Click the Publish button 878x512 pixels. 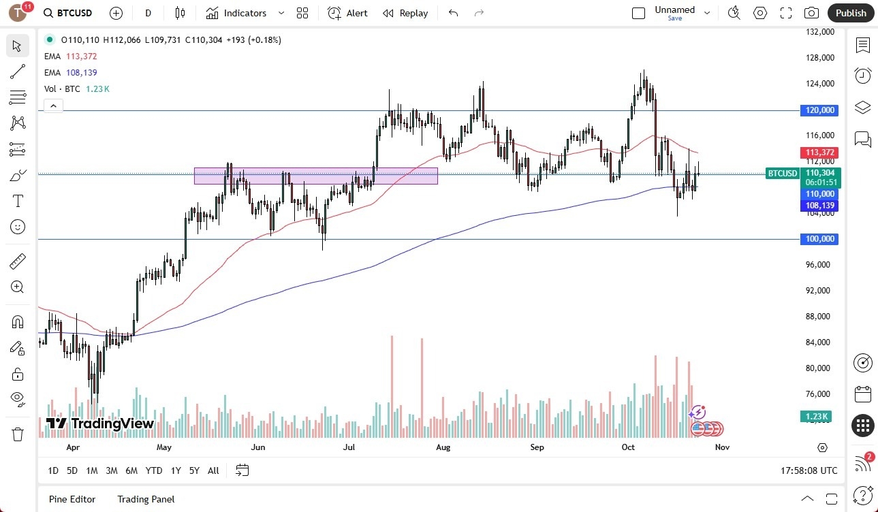point(851,13)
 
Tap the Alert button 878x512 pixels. point(347,13)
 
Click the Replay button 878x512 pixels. point(405,13)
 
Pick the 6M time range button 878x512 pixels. point(131,470)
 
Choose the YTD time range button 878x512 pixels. point(154,470)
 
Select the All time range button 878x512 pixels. point(213,470)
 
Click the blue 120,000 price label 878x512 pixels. point(819,110)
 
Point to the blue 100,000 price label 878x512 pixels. point(819,239)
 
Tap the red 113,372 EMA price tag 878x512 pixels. point(820,153)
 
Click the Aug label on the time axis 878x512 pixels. point(443,447)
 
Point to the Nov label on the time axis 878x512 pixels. point(722,447)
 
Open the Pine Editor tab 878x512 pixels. point(72,499)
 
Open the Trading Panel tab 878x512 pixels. point(146,499)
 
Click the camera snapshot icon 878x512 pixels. point(811,13)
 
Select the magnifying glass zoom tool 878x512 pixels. point(18,287)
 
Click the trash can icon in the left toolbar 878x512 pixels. point(18,434)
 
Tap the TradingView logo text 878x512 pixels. point(100,423)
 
